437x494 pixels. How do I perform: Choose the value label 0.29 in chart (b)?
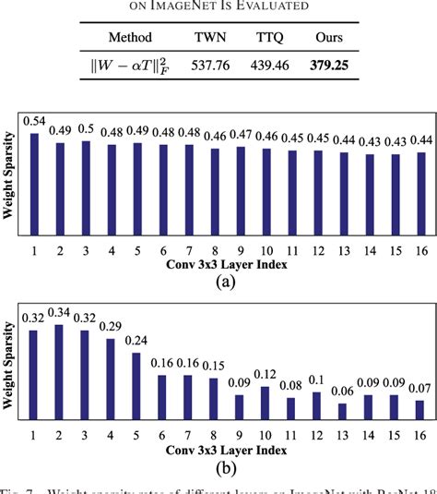(112, 327)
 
